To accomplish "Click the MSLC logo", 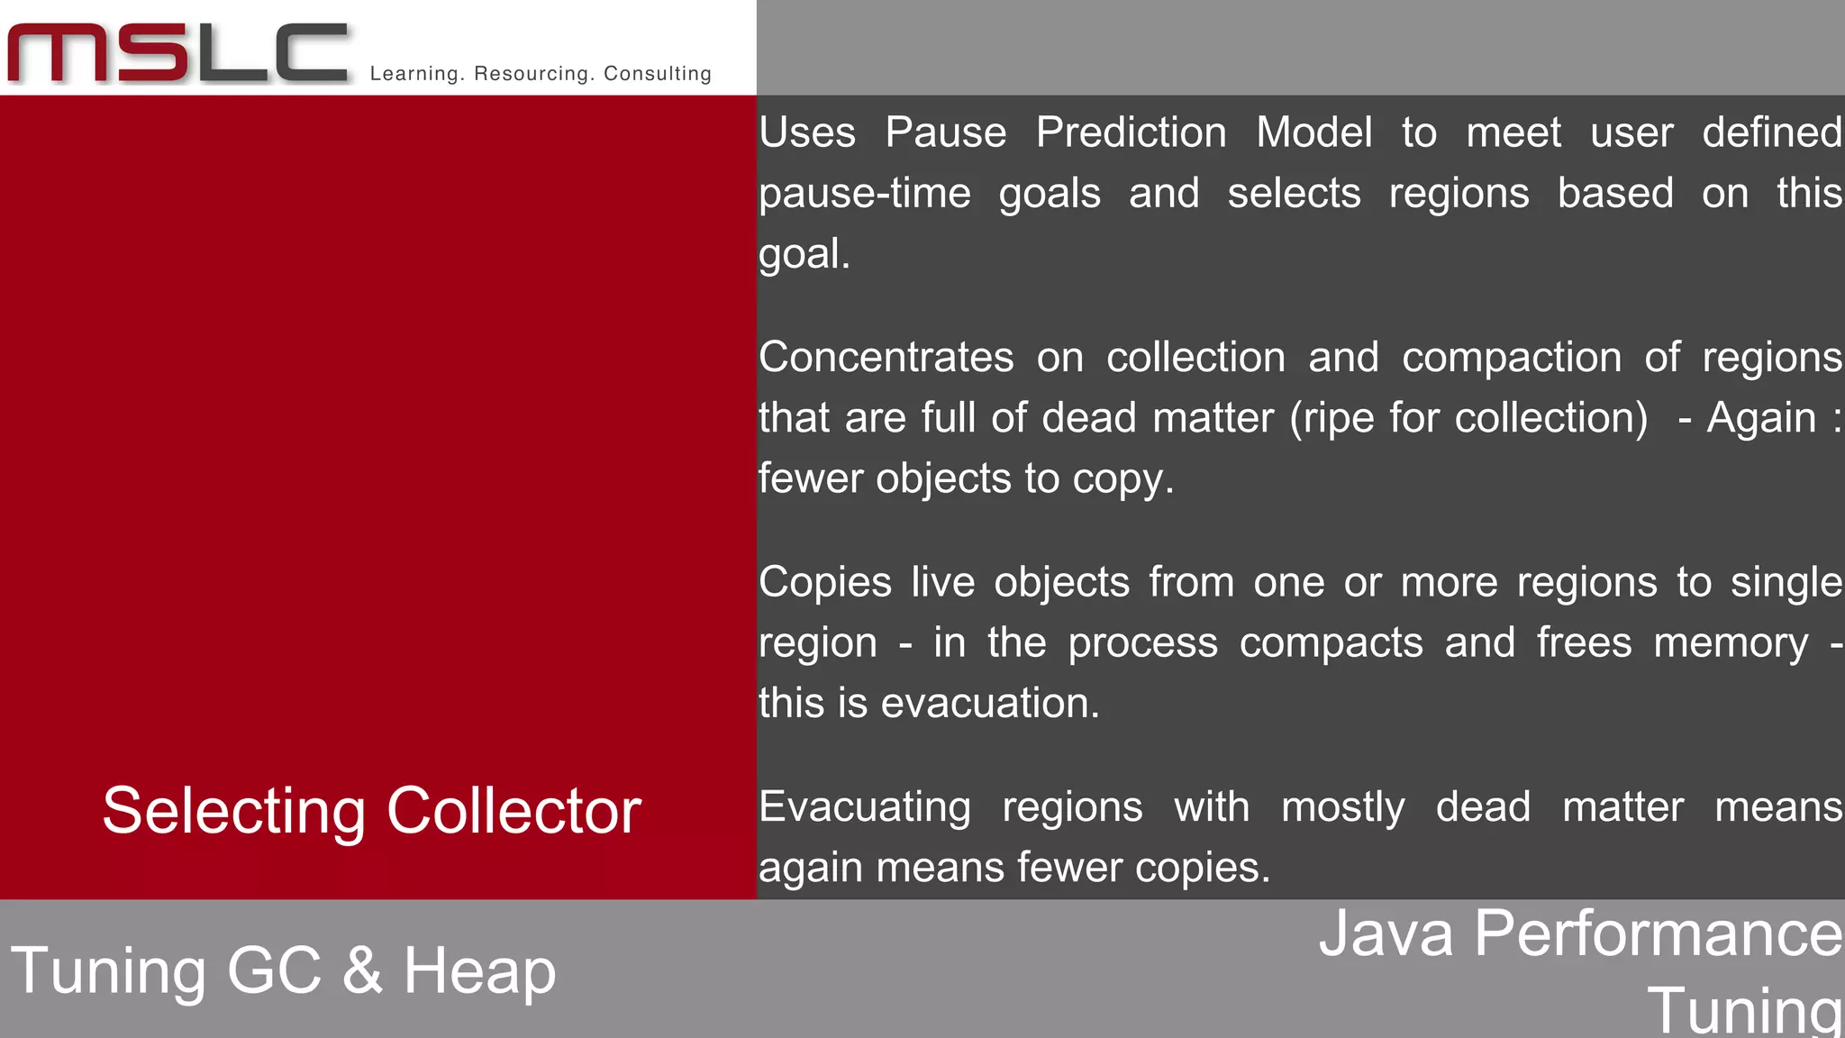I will pyautogui.click(x=177, y=53).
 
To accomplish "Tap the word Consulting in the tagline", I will pyautogui.click(x=657, y=74).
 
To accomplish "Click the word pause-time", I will pyautogui.click(x=864, y=194).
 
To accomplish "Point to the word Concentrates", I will pyautogui.click(x=886, y=358).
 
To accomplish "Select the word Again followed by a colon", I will pyautogui.click(x=1760, y=418).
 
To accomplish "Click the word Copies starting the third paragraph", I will pyautogui.click(x=824, y=582).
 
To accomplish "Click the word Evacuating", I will pyautogui.click(x=864, y=807).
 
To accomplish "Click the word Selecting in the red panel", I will pyautogui.click(x=233, y=811).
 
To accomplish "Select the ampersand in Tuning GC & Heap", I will pyautogui.click(x=362, y=971).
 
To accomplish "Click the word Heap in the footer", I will pyautogui.click(x=478, y=971).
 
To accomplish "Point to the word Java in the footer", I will pyautogui.click(x=1386, y=933).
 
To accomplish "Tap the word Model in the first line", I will pyautogui.click(x=1313, y=132).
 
